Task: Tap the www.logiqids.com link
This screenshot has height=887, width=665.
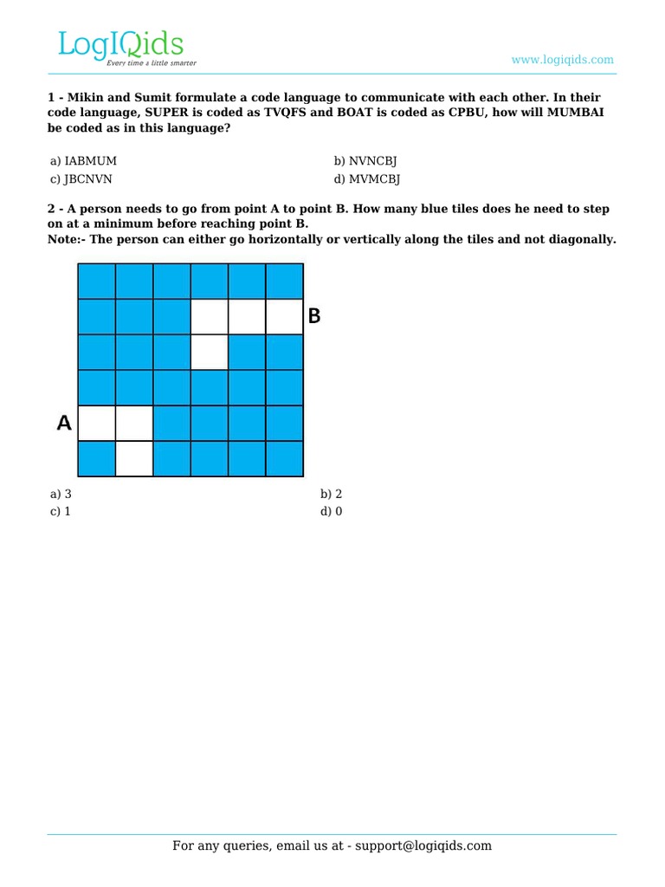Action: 562,60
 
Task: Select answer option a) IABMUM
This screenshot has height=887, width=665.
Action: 83,161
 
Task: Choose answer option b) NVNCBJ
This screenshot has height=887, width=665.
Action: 365,161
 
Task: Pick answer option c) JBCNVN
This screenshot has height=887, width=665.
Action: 81,179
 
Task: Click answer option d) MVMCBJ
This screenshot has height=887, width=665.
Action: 366,179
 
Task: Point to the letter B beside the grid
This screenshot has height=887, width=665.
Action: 314,317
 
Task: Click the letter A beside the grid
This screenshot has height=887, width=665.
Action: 63,424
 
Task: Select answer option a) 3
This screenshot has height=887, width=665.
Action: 61,494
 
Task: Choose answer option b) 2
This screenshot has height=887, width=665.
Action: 332,494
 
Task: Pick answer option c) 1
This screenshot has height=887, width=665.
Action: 61,511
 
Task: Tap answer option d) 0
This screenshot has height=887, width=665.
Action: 332,511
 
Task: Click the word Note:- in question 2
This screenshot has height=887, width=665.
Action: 66,240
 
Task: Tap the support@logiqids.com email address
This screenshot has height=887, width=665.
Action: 421,845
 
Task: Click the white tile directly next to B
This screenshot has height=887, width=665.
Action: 285,317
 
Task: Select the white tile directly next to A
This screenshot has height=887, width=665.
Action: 96,424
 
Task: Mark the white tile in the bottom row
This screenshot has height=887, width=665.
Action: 134,459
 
